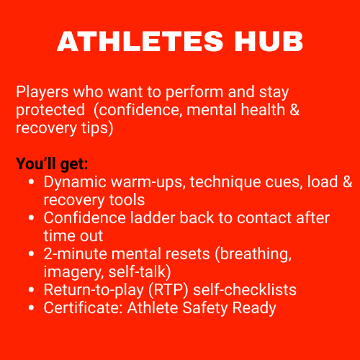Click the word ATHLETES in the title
[140, 41]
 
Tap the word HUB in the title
[269, 41]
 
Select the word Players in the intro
[42, 92]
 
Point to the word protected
[50, 110]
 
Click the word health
[263, 109]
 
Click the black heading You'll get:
[52, 164]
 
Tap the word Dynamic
[75, 182]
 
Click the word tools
[127, 200]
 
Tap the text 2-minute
[75, 254]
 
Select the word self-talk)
[140, 272]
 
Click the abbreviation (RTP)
[168, 290]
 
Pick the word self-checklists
[245, 289]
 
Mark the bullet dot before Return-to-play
[31, 290]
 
